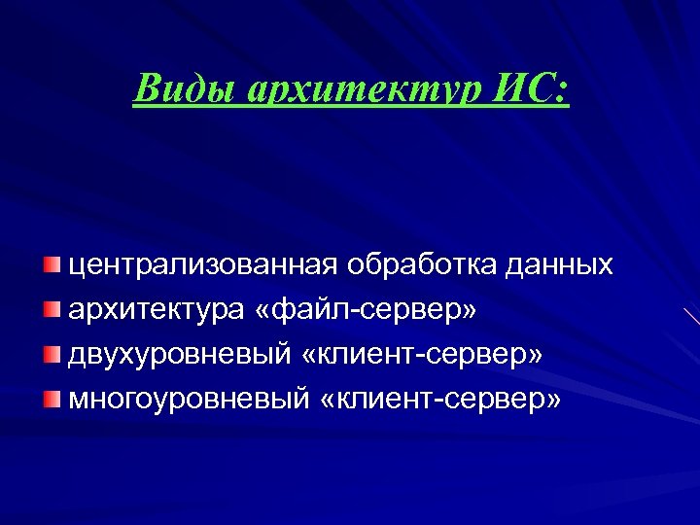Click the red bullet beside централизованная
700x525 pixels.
[51, 265]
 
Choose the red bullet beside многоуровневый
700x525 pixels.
[51, 399]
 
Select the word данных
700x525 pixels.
[563, 264]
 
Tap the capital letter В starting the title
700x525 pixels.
[147, 88]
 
